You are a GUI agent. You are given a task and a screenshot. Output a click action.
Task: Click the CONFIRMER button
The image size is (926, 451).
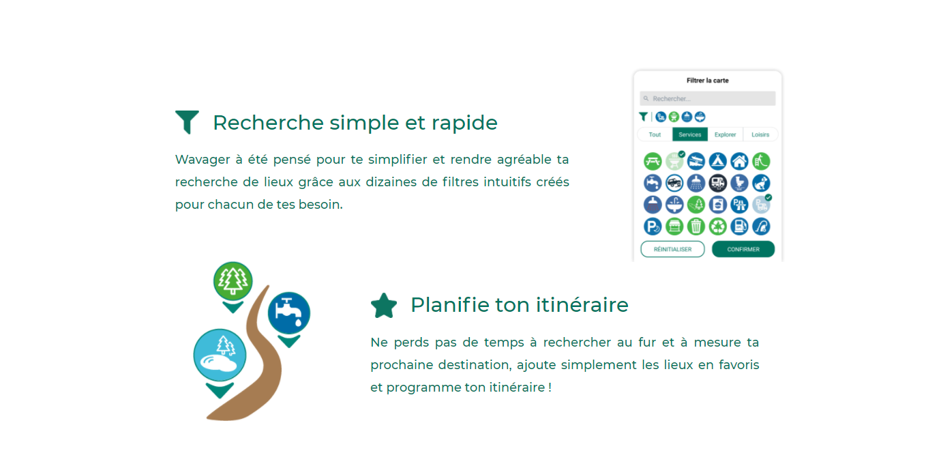coord(743,249)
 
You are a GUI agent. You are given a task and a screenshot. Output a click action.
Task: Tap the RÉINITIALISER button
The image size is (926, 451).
coord(672,249)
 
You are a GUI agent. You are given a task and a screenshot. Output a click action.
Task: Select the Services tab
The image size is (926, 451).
coord(690,134)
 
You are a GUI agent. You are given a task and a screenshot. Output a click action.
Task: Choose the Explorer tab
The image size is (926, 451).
coord(725,134)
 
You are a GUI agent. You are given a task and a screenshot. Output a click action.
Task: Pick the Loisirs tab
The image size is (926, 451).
coord(760,134)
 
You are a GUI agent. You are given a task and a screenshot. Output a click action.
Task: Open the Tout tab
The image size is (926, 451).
coord(655,134)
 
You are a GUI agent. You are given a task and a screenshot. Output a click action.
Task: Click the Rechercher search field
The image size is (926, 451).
coord(707,98)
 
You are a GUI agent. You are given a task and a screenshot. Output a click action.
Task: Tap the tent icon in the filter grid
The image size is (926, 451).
coord(717,161)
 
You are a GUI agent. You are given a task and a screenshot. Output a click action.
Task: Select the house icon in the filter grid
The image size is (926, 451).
coord(739,161)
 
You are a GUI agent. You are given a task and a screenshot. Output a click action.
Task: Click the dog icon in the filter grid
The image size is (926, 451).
coord(761,183)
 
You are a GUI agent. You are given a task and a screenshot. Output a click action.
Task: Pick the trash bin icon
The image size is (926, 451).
coord(696,227)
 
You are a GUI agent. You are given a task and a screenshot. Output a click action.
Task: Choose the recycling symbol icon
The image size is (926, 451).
coord(717,227)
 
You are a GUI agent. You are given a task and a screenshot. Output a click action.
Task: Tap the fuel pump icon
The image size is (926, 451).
coord(739,227)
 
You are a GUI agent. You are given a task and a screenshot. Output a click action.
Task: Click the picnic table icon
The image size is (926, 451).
coord(653,161)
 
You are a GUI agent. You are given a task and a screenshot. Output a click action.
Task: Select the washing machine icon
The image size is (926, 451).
coord(717,205)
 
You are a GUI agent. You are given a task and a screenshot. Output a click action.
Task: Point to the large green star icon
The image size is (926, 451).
coord(384,306)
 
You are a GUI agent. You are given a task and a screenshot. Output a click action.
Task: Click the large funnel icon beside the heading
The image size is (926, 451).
coord(188,121)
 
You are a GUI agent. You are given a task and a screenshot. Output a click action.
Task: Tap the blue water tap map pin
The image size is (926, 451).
coord(289,319)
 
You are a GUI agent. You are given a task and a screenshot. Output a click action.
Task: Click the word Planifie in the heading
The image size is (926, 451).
coord(450,306)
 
